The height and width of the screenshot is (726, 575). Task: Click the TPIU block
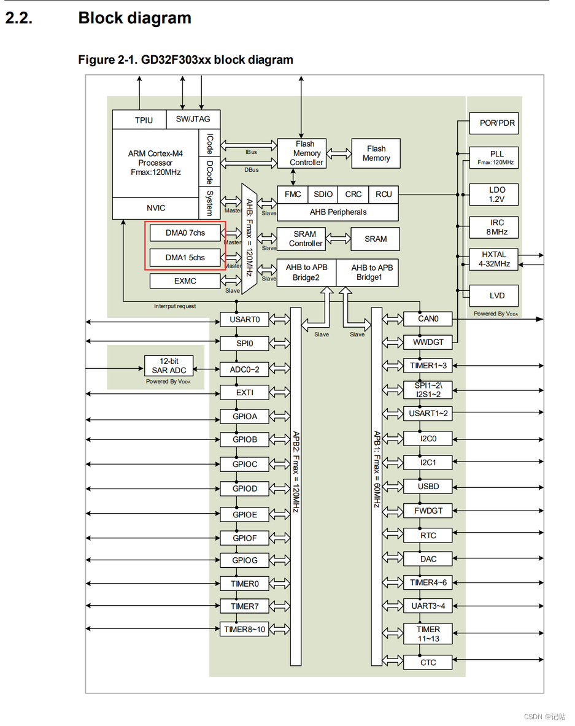144,120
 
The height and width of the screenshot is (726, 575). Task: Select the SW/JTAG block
193,119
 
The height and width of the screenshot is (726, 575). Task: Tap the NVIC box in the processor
155,208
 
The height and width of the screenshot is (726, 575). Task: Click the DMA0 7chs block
185,233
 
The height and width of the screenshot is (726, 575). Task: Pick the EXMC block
185,281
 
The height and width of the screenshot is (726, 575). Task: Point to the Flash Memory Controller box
302,153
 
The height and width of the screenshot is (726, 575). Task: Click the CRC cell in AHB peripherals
353,194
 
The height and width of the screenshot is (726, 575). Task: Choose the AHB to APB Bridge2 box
306,272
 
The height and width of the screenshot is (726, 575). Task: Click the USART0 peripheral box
245,319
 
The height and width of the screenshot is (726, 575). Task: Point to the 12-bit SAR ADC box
169,366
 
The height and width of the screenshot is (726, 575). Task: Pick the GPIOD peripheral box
245,489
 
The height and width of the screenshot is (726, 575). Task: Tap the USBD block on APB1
428,487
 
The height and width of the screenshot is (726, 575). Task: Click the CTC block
428,662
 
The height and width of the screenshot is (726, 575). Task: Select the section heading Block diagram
134,18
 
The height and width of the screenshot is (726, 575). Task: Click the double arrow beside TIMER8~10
280,629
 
